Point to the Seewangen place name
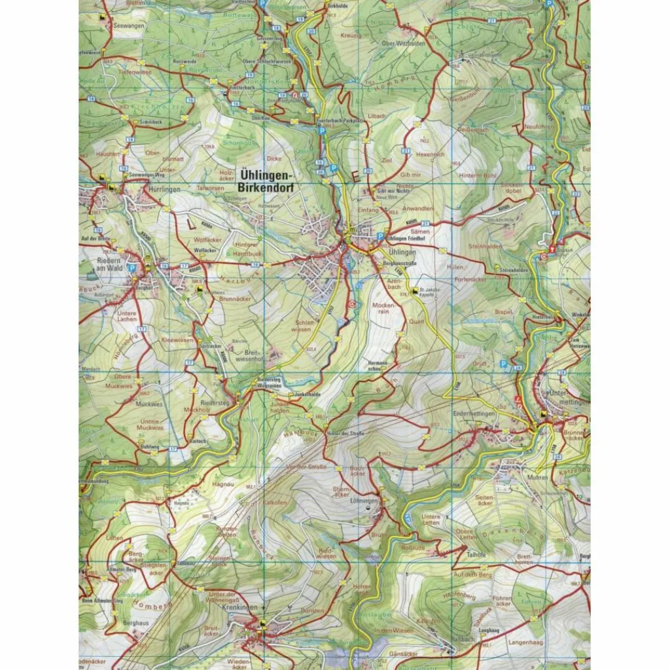[112, 26]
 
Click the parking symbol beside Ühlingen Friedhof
[380, 236]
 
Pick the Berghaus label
[135, 624]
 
